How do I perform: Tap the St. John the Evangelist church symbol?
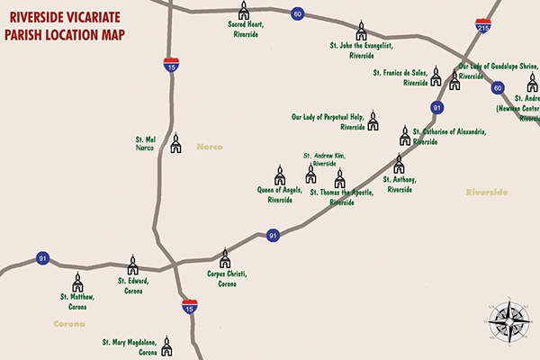coord(362,31)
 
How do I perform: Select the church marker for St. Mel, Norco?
coord(176,143)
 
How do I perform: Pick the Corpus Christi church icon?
coord(225,258)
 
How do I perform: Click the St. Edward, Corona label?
coord(132,284)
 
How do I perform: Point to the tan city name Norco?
coord(210,147)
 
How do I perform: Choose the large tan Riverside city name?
coord(487,193)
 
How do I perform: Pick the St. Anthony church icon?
coord(399,164)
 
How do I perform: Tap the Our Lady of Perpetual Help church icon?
coord(373,120)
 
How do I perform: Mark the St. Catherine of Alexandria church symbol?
coord(405,136)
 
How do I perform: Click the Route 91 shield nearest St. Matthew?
coord(42,259)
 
